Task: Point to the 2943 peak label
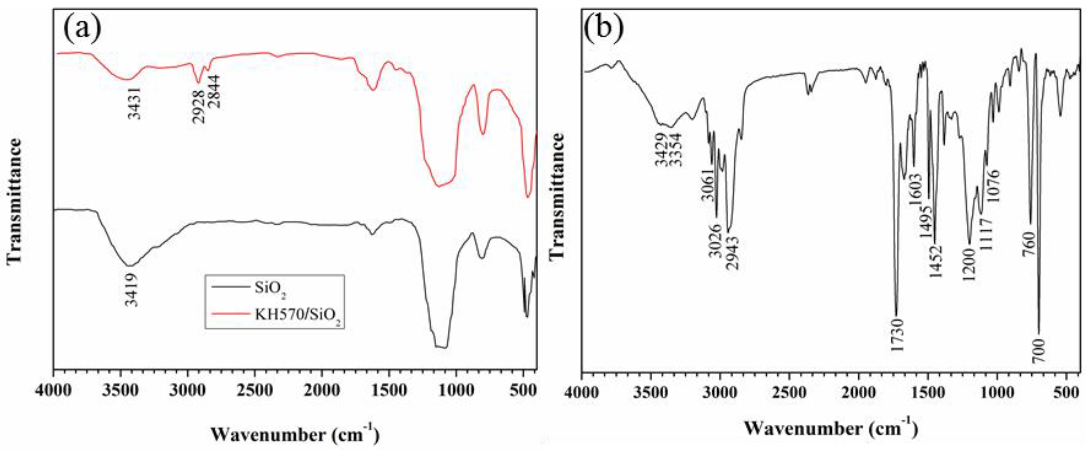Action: [733, 253]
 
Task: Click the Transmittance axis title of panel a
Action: [14, 201]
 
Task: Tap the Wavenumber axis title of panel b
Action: [831, 428]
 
